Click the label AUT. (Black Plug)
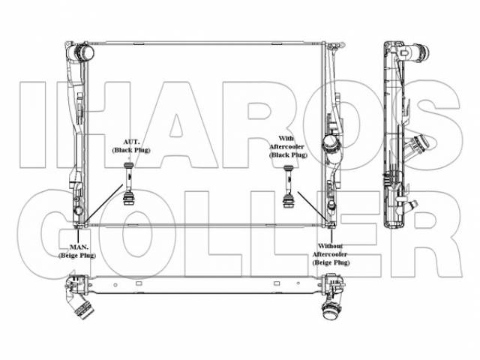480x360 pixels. point(131,146)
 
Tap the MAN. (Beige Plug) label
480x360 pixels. point(77,251)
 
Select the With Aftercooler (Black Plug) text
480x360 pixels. point(287,147)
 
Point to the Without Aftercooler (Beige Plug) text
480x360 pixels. point(331,254)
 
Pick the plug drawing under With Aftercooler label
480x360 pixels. point(288,187)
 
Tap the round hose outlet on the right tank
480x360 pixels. point(330,143)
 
